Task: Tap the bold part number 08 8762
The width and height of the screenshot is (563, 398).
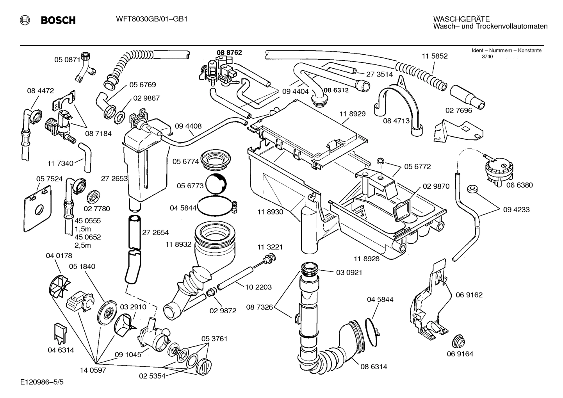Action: point(229,52)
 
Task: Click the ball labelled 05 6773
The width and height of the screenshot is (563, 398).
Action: point(216,184)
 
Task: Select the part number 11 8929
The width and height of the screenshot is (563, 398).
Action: point(352,114)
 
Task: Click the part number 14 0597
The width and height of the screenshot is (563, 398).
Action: point(93,370)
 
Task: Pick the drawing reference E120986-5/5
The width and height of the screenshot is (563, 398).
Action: point(42,382)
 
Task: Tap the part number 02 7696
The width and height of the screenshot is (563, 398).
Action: point(459,111)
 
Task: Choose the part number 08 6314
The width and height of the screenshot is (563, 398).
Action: point(374,366)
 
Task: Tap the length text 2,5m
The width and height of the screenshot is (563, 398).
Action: point(82,245)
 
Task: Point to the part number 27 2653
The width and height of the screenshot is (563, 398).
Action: point(114,178)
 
